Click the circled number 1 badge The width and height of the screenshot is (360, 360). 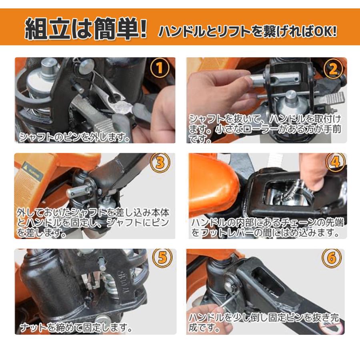(x=160, y=68)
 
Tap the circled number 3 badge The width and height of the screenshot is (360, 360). (x=160, y=162)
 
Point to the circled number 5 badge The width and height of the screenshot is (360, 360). (x=162, y=258)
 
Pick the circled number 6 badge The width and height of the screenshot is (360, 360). (x=332, y=258)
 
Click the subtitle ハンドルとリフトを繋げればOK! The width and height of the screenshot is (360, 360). (x=248, y=31)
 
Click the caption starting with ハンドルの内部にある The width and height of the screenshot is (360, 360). (x=267, y=228)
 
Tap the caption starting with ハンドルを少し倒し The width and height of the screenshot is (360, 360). (x=264, y=322)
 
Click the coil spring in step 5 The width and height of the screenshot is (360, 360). (x=111, y=285)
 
